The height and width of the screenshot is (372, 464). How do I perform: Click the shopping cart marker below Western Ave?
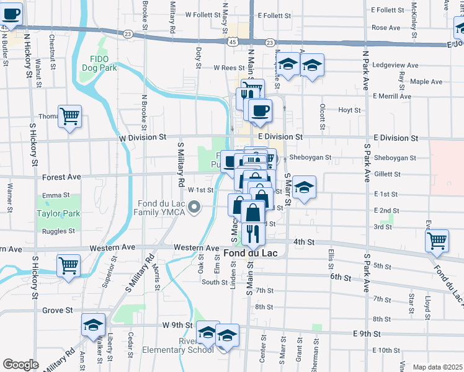(x=68, y=265)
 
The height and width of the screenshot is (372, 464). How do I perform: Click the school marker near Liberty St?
(x=94, y=325)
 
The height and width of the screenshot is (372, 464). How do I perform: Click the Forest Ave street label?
(x=61, y=177)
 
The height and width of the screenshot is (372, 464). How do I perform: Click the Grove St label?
(x=58, y=309)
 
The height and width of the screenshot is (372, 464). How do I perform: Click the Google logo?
(x=20, y=365)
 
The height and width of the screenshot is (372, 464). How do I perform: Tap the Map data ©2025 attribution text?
(x=437, y=367)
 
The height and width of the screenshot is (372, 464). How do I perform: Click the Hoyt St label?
(x=349, y=110)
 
